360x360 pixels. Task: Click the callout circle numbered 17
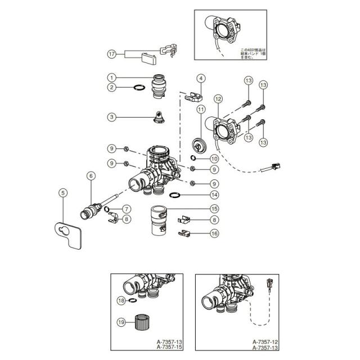[x=111, y=54]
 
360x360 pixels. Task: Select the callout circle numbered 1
[x=111, y=77]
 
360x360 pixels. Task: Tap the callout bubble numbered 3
[x=111, y=117]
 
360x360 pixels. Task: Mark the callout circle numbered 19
[x=120, y=323]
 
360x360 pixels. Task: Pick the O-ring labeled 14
[x=175, y=195]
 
